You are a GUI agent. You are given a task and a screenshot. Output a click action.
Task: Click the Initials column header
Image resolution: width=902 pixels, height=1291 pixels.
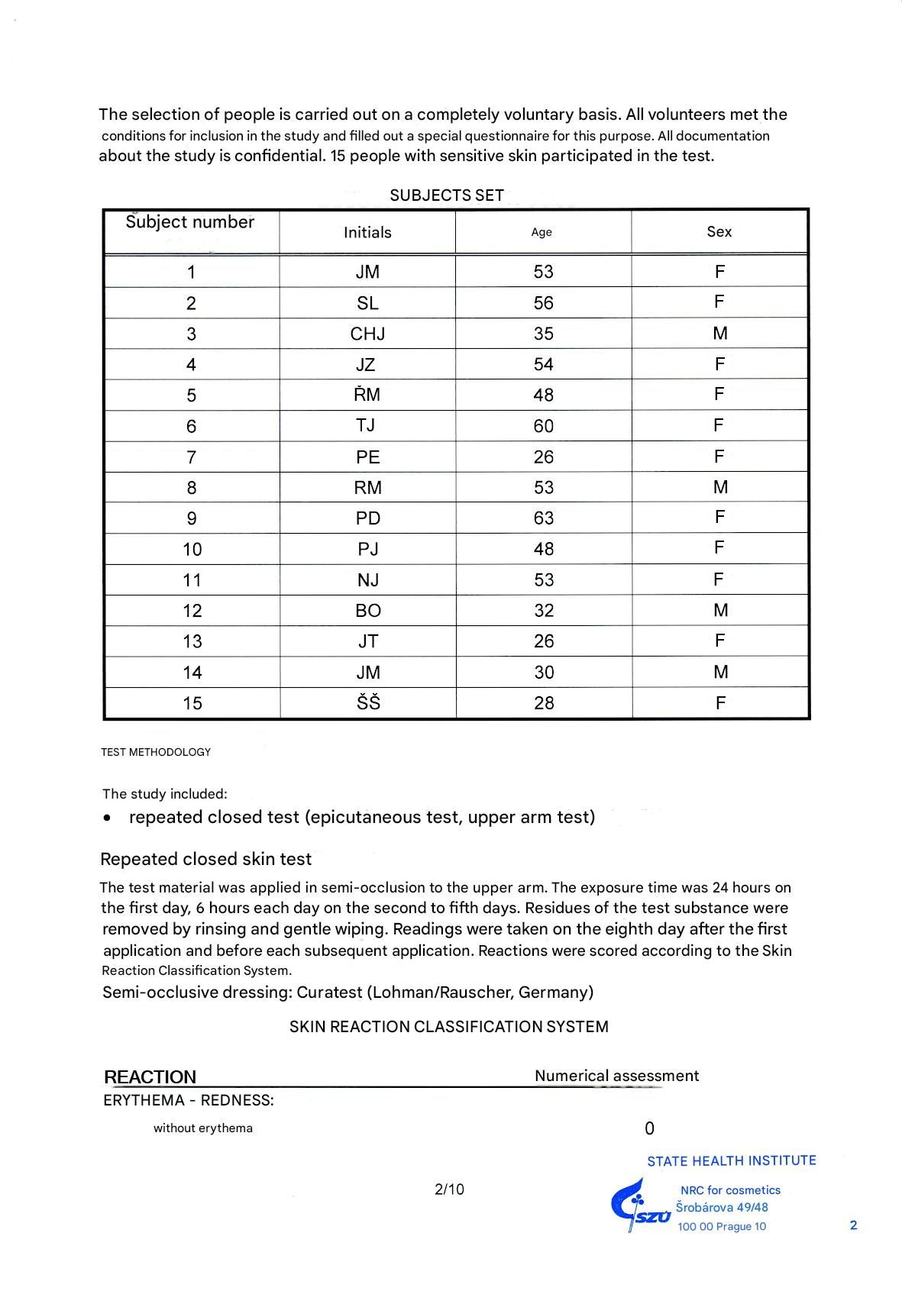point(367,232)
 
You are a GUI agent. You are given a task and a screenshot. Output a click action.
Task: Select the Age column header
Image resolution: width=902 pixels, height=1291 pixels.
point(542,232)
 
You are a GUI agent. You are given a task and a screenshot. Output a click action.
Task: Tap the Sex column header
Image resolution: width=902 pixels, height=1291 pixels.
point(719,231)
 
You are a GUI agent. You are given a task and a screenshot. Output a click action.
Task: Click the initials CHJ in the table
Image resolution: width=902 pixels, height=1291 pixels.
point(367,334)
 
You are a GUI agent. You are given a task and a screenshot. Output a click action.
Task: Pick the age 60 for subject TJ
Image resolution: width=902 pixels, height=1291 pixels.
point(543,426)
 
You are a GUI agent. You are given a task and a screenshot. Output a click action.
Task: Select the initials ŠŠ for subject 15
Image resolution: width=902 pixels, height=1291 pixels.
point(368,702)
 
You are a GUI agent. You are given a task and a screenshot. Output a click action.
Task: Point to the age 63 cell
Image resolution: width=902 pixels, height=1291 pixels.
point(543,518)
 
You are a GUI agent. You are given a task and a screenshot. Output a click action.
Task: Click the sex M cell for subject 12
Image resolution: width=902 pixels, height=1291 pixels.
point(720,610)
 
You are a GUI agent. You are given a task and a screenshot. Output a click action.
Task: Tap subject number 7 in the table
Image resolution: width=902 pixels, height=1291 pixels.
point(191,457)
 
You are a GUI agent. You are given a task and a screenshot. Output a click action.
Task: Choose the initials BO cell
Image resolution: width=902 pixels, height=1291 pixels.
point(368,611)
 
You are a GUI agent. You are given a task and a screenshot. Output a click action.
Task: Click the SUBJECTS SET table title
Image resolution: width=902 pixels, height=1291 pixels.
point(447,195)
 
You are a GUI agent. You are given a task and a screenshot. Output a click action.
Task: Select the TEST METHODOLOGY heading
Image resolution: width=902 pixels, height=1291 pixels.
point(156,752)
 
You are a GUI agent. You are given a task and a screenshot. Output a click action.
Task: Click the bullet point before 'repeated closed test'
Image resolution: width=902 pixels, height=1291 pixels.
point(108,818)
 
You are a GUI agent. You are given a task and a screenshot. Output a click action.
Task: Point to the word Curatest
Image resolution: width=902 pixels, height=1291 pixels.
point(329,992)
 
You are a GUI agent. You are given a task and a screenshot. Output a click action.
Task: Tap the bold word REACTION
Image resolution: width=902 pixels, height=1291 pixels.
point(150,1077)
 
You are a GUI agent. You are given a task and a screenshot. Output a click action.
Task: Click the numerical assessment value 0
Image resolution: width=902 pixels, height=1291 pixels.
point(650,1128)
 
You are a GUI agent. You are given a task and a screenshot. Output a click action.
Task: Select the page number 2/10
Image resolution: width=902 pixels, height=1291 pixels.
point(449,1189)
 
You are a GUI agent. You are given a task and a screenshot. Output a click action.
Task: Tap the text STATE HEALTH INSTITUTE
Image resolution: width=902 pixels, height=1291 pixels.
point(732,1161)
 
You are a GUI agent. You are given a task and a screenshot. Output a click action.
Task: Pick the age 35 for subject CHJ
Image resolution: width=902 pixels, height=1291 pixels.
point(543,334)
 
